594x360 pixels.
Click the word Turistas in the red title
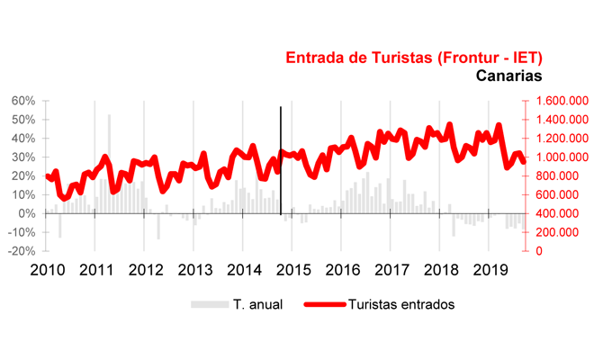(x=382, y=58)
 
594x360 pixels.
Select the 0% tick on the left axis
(x=27, y=213)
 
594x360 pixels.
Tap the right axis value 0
(x=541, y=251)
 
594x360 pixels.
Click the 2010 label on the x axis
(x=47, y=269)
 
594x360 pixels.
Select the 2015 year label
(x=292, y=269)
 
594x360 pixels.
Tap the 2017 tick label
(x=391, y=269)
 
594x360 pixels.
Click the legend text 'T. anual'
(x=259, y=304)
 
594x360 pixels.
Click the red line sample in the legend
(x=324, y=304)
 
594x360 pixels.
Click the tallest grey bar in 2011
(x=109, y=153)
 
